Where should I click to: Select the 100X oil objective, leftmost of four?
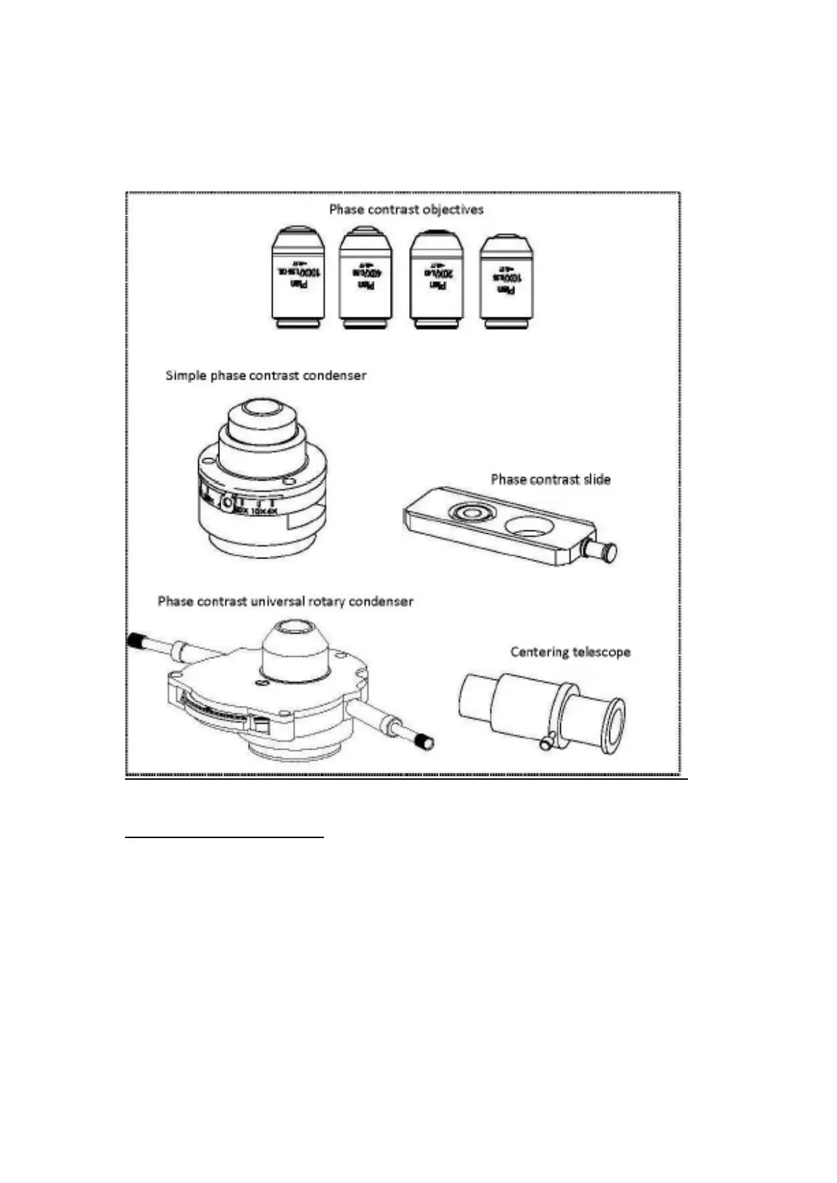[298, 277]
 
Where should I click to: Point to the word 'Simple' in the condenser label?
[185, 375]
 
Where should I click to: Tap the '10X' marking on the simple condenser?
[257, 511]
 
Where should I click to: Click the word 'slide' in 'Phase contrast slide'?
[594, 480]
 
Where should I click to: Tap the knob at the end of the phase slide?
[605, 551]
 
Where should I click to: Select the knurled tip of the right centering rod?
[424, 742]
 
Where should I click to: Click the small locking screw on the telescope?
[547, 742]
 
